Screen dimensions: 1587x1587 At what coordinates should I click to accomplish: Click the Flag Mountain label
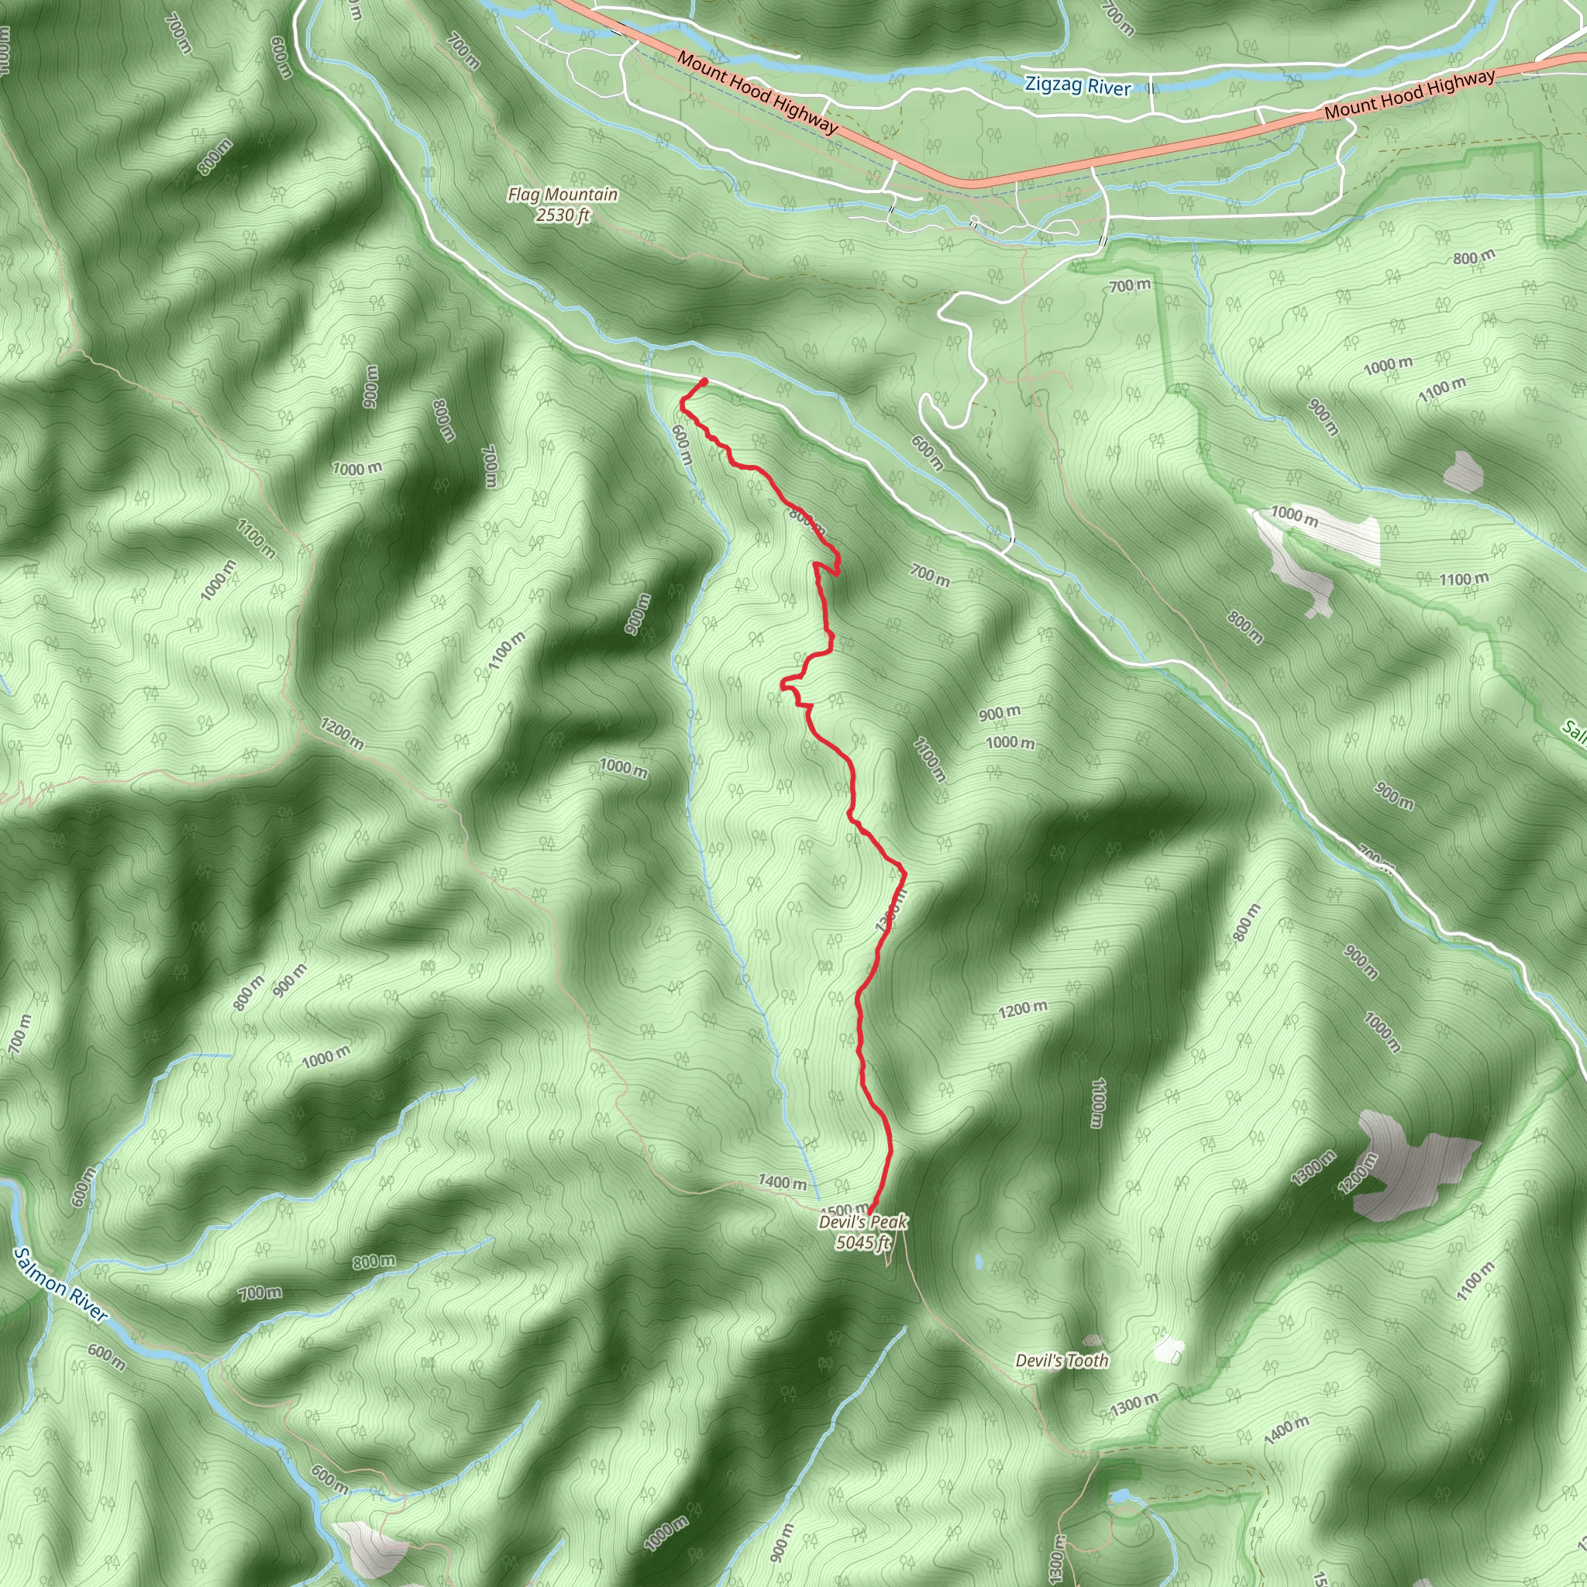coord(562,195)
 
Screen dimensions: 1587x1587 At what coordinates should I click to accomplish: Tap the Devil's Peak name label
coord(862,1221)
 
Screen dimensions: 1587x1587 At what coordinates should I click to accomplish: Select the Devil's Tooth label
coord(1062,1360)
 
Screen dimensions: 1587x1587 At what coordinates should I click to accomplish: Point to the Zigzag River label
coord(1078,85)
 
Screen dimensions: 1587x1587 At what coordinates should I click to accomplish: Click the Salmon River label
coord(60,1285)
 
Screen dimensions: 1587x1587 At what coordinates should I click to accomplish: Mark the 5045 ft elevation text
coord(862,1242)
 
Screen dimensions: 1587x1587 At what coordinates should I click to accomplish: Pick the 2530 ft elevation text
coord(563,215)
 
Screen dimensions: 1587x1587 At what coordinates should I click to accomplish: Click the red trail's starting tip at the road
coord(704,381)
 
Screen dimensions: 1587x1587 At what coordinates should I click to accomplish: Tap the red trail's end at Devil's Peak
coord(871,1211)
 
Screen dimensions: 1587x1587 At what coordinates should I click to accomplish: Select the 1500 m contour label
coord(845,1209)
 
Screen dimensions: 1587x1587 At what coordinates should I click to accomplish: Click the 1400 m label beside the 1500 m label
coord(781,1182)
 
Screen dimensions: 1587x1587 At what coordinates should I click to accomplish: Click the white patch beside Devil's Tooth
coord(1169,1350)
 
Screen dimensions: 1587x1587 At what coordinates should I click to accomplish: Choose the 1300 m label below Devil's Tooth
coord(1134,1405)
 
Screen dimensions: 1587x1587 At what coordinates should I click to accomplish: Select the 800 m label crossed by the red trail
coord(806,519)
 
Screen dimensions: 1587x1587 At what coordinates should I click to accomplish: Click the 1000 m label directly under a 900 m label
coord(1010,742)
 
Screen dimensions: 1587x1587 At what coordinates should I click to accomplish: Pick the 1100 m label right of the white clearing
coord(1463,579)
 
